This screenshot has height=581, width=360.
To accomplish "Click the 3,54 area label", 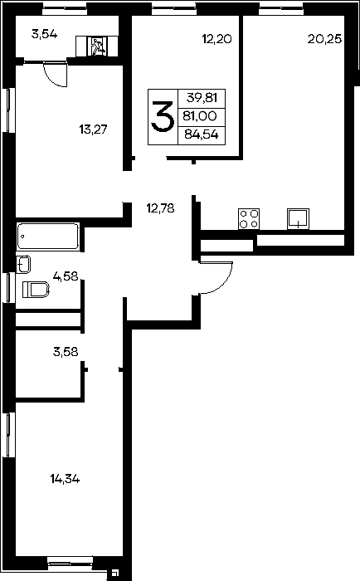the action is coord(45,35).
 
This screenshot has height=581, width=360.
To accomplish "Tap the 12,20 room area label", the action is coord(217,38).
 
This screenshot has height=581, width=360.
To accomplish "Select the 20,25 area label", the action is coord(324,38).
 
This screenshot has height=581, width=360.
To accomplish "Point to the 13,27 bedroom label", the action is coord(93,129).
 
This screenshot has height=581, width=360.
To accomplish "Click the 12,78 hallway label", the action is coord(160,208).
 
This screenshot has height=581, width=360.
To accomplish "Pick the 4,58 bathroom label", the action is coord(66,276).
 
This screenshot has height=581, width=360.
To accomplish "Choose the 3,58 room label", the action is coord(66,352).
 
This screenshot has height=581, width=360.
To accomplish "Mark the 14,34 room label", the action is coord(65,479).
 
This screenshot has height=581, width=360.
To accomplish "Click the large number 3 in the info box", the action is coord(163,117).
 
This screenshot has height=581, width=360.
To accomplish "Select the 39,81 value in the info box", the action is coord(202,98).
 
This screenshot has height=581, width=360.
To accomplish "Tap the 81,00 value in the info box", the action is coord(200,116).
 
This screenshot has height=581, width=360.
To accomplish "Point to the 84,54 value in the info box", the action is coord(201,134).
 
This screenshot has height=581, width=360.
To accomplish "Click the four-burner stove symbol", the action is coord(249,218).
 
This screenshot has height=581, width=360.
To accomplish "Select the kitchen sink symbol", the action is coord(298,218).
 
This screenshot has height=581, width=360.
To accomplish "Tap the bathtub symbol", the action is coord(47,236).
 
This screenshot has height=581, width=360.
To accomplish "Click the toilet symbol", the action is coord(36,290).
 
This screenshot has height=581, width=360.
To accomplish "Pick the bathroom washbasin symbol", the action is coord(23,264).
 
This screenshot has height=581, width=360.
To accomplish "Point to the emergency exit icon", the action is coord(97,46).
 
